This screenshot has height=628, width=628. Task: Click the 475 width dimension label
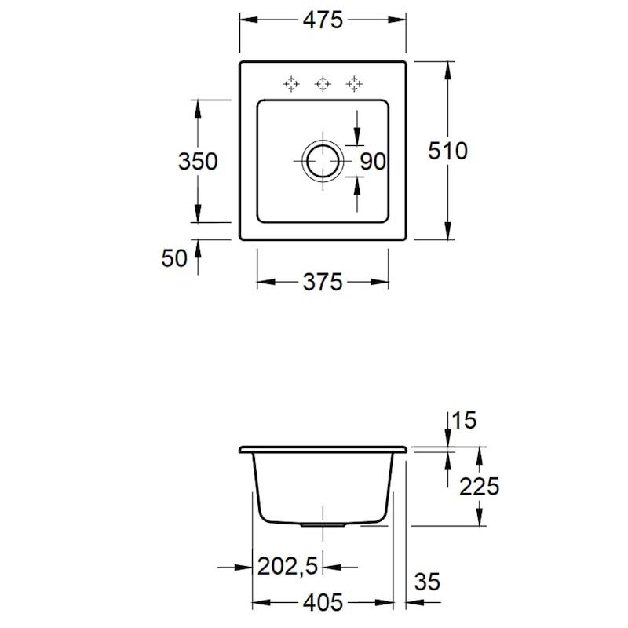[323, 20]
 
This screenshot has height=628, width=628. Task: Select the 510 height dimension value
[447, 151]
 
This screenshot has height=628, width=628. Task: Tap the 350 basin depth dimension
[198, 162]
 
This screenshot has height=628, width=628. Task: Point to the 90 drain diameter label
[372, 162]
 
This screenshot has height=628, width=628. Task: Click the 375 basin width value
[323, 282]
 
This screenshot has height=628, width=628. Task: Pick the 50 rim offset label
[174, 258]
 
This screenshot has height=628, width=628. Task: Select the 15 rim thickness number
[464, 421]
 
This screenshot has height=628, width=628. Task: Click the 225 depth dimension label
[480, 487]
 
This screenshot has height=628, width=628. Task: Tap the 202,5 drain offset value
[287, 566]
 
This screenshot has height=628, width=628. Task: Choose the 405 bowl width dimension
[323, 602]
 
